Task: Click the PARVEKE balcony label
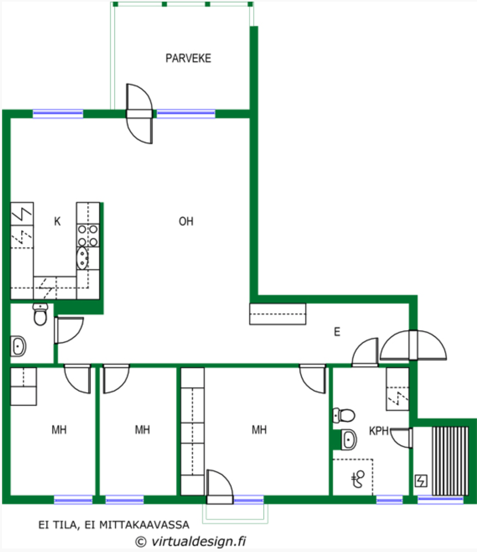point(188,58)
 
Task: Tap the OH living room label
point(186,222)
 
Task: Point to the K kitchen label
point(57,222)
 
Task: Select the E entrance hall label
point(337,332)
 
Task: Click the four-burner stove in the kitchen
point(88,235)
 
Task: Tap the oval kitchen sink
point(82,258)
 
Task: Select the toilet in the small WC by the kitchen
point(40,314)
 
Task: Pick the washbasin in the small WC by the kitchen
point(18,346)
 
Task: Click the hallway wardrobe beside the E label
point(277,314)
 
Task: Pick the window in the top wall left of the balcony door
point(58,114)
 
